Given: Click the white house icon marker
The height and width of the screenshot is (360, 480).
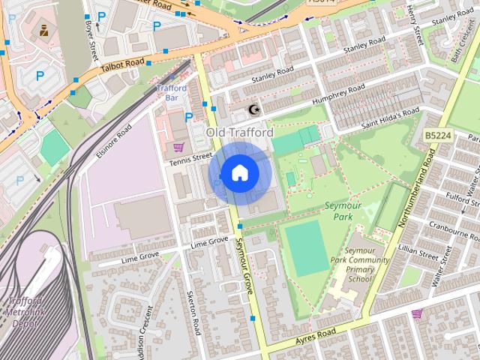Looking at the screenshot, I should tap(239, 173).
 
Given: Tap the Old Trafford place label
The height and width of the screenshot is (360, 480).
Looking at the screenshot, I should tap(239, 133).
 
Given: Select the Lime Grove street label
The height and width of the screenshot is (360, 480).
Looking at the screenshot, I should tap(209, 242).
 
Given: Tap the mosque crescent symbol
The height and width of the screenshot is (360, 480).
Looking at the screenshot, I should tap(253, 110).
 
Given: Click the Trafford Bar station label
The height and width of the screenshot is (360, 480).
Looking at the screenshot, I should tap(172, 93).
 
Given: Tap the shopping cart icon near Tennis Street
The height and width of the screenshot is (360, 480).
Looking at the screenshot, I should tap(178, 146).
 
